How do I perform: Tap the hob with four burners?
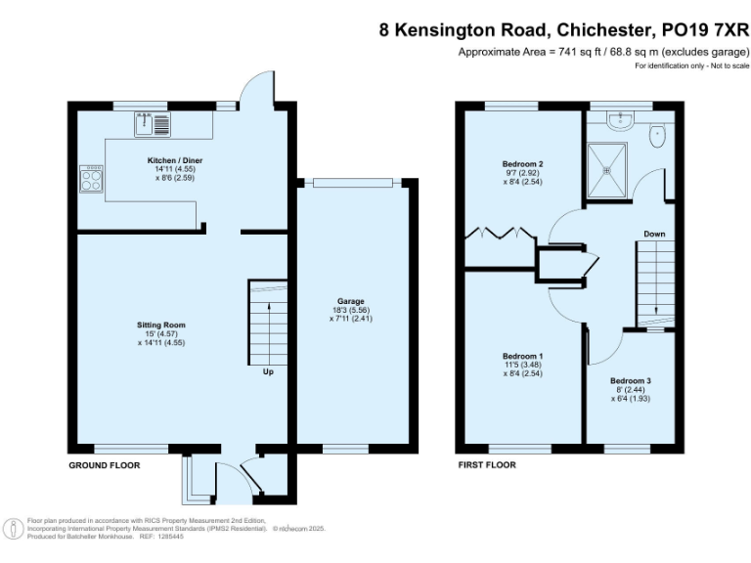coord(91,179)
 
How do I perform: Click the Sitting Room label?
coord(161,325)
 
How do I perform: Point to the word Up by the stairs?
coord(267,372)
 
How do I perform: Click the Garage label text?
coord(351,304)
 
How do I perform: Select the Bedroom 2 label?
coord(522,163)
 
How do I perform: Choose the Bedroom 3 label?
coord(631,380)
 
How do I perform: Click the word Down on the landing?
coord(655,234)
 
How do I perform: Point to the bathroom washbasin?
coord(618,120)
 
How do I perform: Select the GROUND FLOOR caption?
coord(104,465)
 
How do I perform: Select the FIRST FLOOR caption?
coord(487,465)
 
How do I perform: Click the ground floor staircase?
coord(267,321)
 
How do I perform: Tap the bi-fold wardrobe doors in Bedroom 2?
coord(499,235)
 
